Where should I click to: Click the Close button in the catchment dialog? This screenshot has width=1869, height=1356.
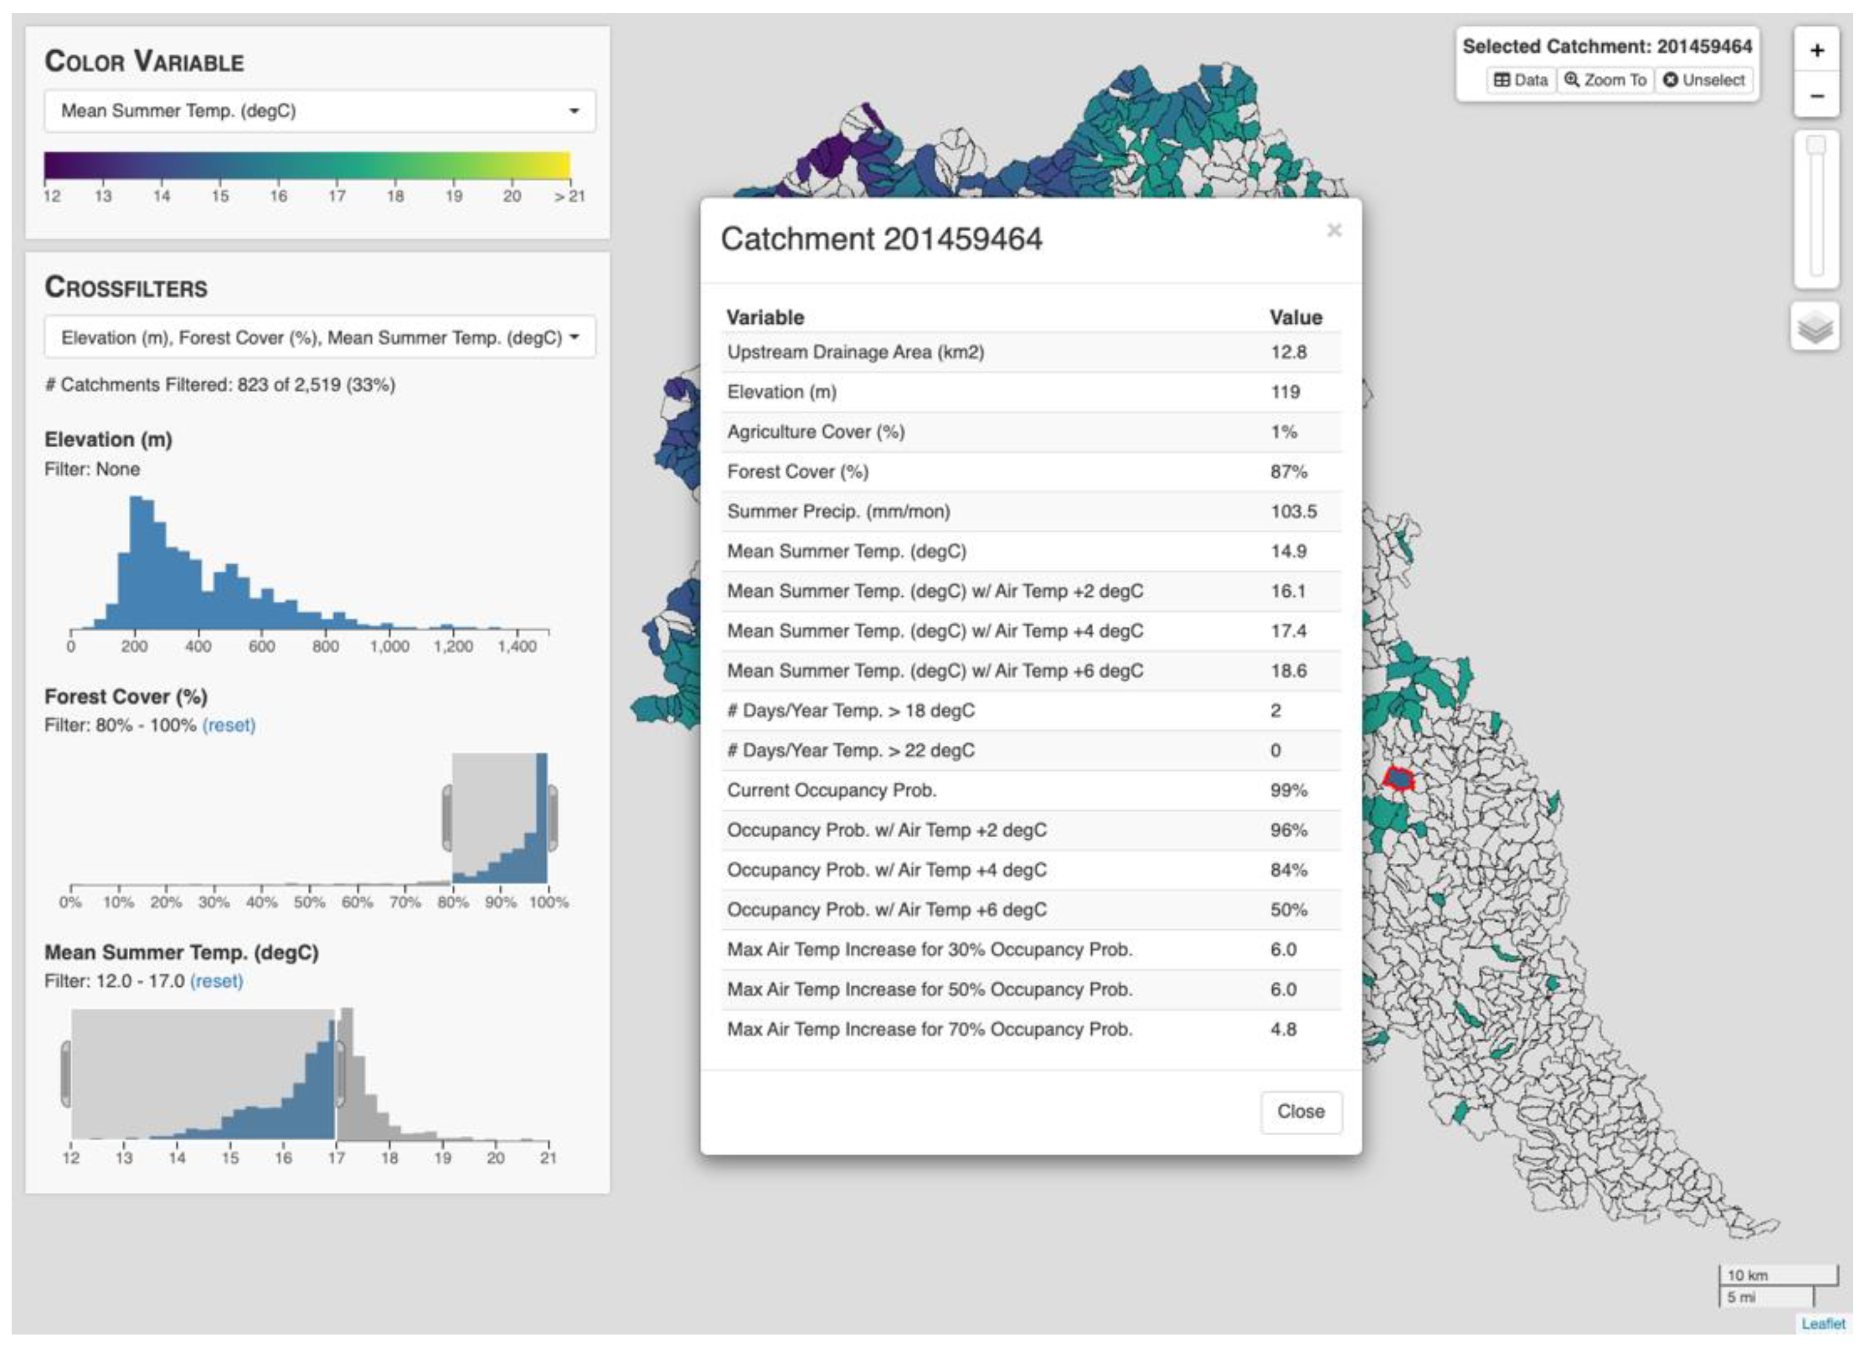pyautogui.click(x=1300, y=1111)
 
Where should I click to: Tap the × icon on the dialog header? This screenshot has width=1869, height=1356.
pyautogui.click(x=1334, y=231)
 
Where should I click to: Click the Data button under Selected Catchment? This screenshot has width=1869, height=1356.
pyautogui.click(x=1521, y=80)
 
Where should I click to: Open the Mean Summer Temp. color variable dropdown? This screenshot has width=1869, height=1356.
pyautogui.click(x=319, y=110)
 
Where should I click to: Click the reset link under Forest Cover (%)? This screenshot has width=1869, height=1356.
pyautogui.click(x=228, y=725)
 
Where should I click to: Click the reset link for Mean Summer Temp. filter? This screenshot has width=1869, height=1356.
pyautogui.click(x=216, y=981)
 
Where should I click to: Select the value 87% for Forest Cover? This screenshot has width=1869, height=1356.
pyautogui.click(x=1288, y=471)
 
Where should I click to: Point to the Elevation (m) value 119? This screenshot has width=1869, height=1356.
pyautogui.click(x=1284, y=392)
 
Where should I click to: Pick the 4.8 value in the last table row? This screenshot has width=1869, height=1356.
pyautogui.click(x=1283, y=1029)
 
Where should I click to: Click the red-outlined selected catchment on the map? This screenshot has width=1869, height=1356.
pyautogui.click(x=1399, y=778)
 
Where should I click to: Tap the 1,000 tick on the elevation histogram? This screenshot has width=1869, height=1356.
pyautogui.click(x=389, y=646)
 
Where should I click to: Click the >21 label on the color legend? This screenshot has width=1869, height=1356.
pyautogui.click(x=569, y=196)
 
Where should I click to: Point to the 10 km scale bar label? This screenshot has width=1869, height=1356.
pyautogui.click(x=1747, y=1275)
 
